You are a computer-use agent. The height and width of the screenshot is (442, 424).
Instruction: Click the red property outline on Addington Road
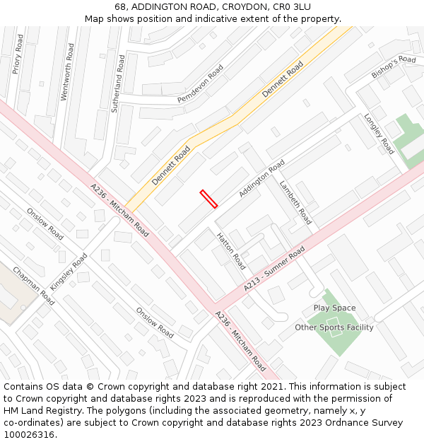[208, 199]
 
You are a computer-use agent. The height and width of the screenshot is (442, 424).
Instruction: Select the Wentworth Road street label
[66, 71]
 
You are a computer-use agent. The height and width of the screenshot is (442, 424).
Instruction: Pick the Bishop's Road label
[394, 66]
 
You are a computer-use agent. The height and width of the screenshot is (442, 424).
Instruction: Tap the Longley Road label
[379, 134]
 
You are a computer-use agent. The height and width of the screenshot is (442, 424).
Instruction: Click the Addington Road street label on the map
[261, 178]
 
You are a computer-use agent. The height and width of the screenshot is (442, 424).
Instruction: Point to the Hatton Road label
[231, 251]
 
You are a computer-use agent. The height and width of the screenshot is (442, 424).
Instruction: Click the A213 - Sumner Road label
[274, 269]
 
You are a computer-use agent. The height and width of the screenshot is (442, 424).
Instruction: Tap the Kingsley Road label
[69, 270]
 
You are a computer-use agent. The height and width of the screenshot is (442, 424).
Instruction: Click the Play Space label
[334, 308]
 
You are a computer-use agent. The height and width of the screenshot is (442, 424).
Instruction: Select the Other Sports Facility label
[334, 327]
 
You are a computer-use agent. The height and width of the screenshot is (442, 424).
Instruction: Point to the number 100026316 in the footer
[30, 434]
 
